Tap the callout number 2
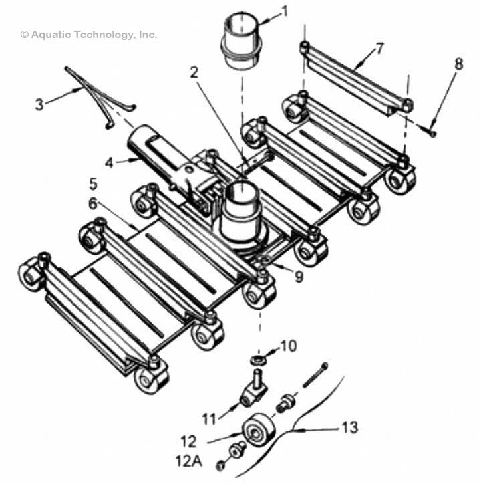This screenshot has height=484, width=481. click(194, 73)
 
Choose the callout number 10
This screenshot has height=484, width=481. click(287, 346)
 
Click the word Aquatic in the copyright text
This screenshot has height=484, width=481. click(50, 34)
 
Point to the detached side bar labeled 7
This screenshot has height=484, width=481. click(354, 75)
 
